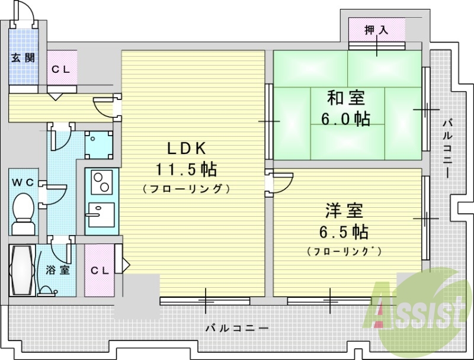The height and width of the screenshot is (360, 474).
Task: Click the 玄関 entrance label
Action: (23, 57)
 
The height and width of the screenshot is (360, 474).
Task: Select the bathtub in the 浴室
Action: (22, 271)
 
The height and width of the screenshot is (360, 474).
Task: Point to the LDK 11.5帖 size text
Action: (186, 170)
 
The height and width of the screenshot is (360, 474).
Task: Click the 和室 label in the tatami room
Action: (346, 98)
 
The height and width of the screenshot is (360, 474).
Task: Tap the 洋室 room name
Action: (344, 211)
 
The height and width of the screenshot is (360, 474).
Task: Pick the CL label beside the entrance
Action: (61, 70)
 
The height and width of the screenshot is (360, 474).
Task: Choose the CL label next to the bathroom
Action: (100, 271)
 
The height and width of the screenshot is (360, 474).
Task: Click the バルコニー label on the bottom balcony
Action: (237, 328)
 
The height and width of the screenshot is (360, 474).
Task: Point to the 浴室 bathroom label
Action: (58, 269)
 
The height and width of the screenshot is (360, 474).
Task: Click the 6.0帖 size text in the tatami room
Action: (345, 118)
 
